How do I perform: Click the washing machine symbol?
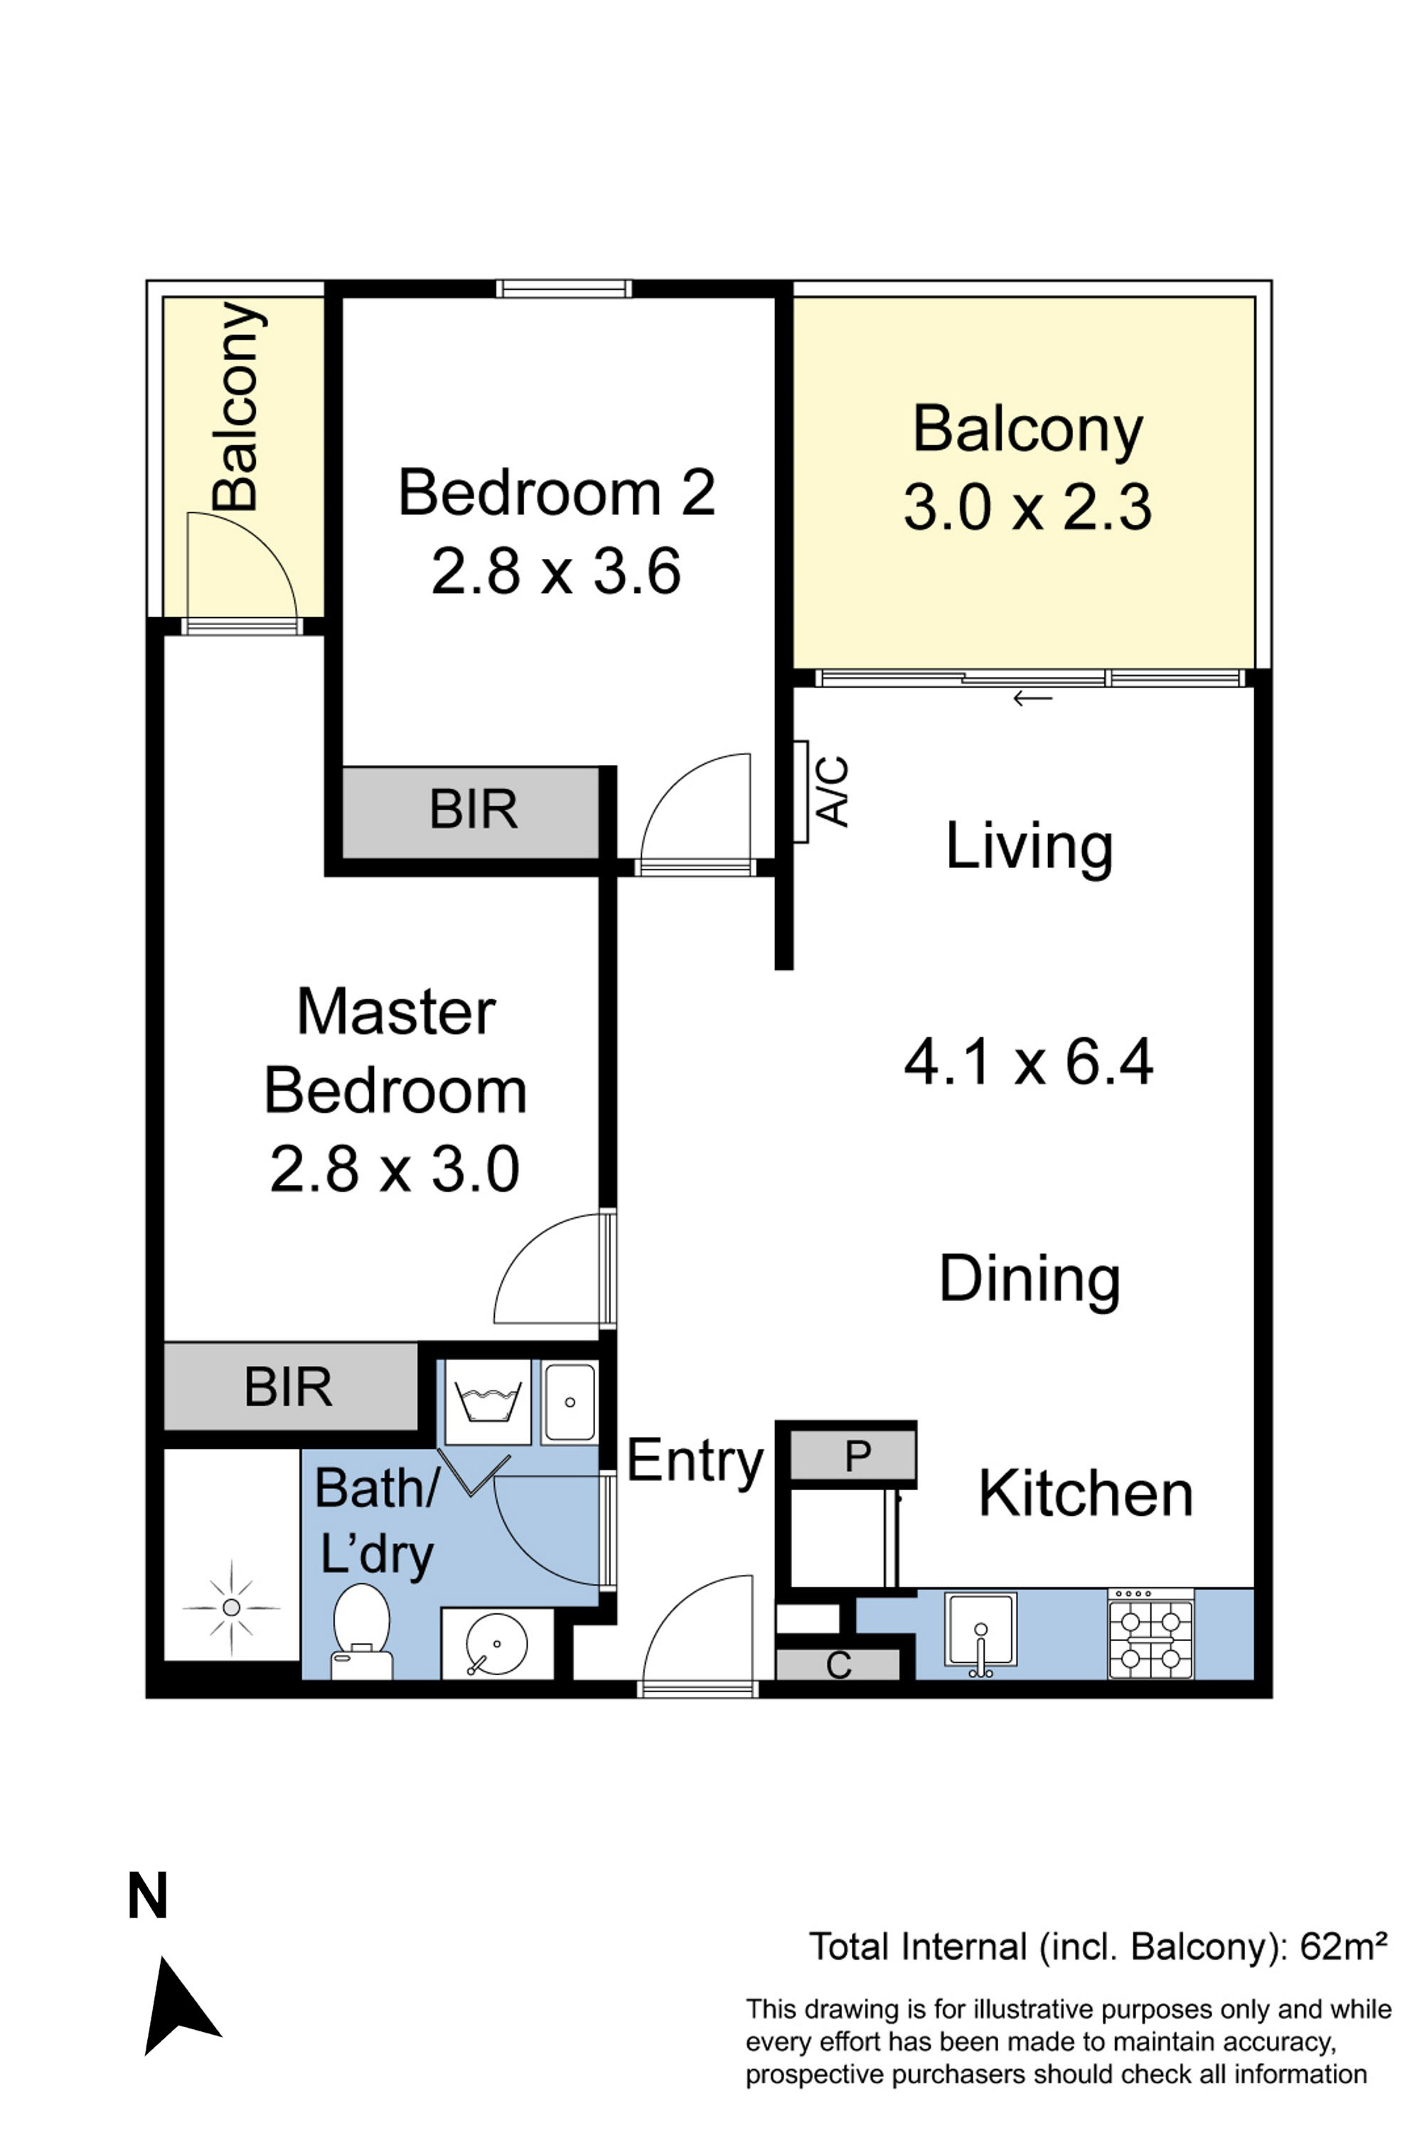pos(488,1401)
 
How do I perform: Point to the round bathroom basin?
pos(496,1644)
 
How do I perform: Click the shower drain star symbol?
pos(231,1608)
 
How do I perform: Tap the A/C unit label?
pos(833,792)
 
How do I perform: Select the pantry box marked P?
pos(852,1456)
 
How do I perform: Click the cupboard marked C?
pos(839,1665)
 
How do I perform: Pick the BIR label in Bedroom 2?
pos(474,809)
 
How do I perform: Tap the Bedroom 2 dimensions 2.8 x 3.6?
pos(556,572)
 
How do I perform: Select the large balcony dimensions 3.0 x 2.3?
pos(1027,506)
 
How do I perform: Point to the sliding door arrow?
pos(1032,698)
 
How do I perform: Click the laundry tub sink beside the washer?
pos(570,1402)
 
